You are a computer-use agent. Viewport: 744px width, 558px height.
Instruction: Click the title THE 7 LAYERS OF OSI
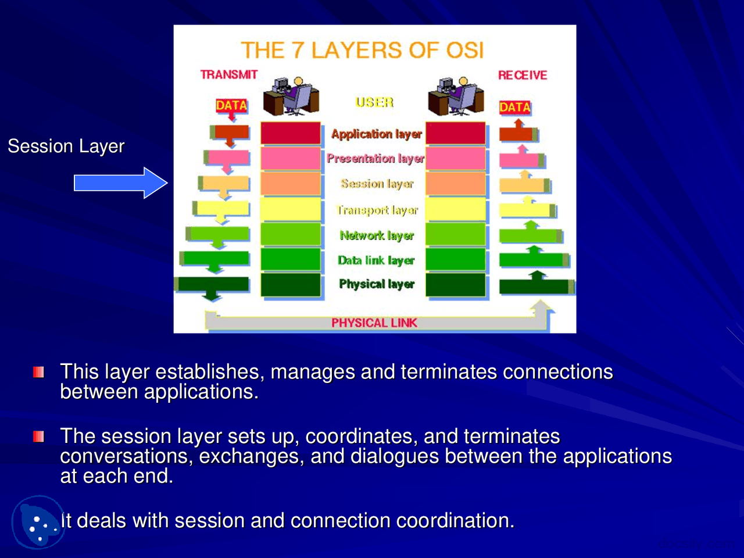click(x=362, y=51)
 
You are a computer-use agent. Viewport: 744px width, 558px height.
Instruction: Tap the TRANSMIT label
click(x=228, y=74)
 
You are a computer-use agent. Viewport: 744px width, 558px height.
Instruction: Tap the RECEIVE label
click(x=522, y=75)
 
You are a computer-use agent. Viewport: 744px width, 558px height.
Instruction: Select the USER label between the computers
click(x=374, y=102)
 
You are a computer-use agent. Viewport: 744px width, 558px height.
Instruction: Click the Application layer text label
click(x=376, y=134)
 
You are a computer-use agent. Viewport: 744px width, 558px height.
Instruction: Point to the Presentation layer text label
click(x=375, y=158)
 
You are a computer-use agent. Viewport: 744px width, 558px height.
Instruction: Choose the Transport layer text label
click(x=377, y=210)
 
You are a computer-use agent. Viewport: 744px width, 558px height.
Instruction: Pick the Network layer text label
click(x=377, y=235)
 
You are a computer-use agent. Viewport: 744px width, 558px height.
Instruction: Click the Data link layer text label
click(x=376, y=260)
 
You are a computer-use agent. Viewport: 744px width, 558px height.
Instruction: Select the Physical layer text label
click(x=377, y=284)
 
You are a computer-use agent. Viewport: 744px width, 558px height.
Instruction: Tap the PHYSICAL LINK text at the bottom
click(x=374, y=323)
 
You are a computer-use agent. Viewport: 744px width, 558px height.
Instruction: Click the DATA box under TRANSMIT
click(x=231, y=105)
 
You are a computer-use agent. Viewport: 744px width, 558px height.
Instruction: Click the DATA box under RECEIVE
click(x=514, y=107)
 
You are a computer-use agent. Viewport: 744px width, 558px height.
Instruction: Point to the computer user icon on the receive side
click(x=456, y=96)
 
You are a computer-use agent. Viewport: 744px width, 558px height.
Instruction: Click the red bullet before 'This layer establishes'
click(x=39, y=372)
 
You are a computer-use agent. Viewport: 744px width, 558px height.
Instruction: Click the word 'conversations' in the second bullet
click(x=125, y=456)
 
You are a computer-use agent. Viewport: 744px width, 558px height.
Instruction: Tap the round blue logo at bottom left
click(x=38, y=522)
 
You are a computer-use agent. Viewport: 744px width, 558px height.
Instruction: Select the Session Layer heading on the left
click(x=66, y=146)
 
